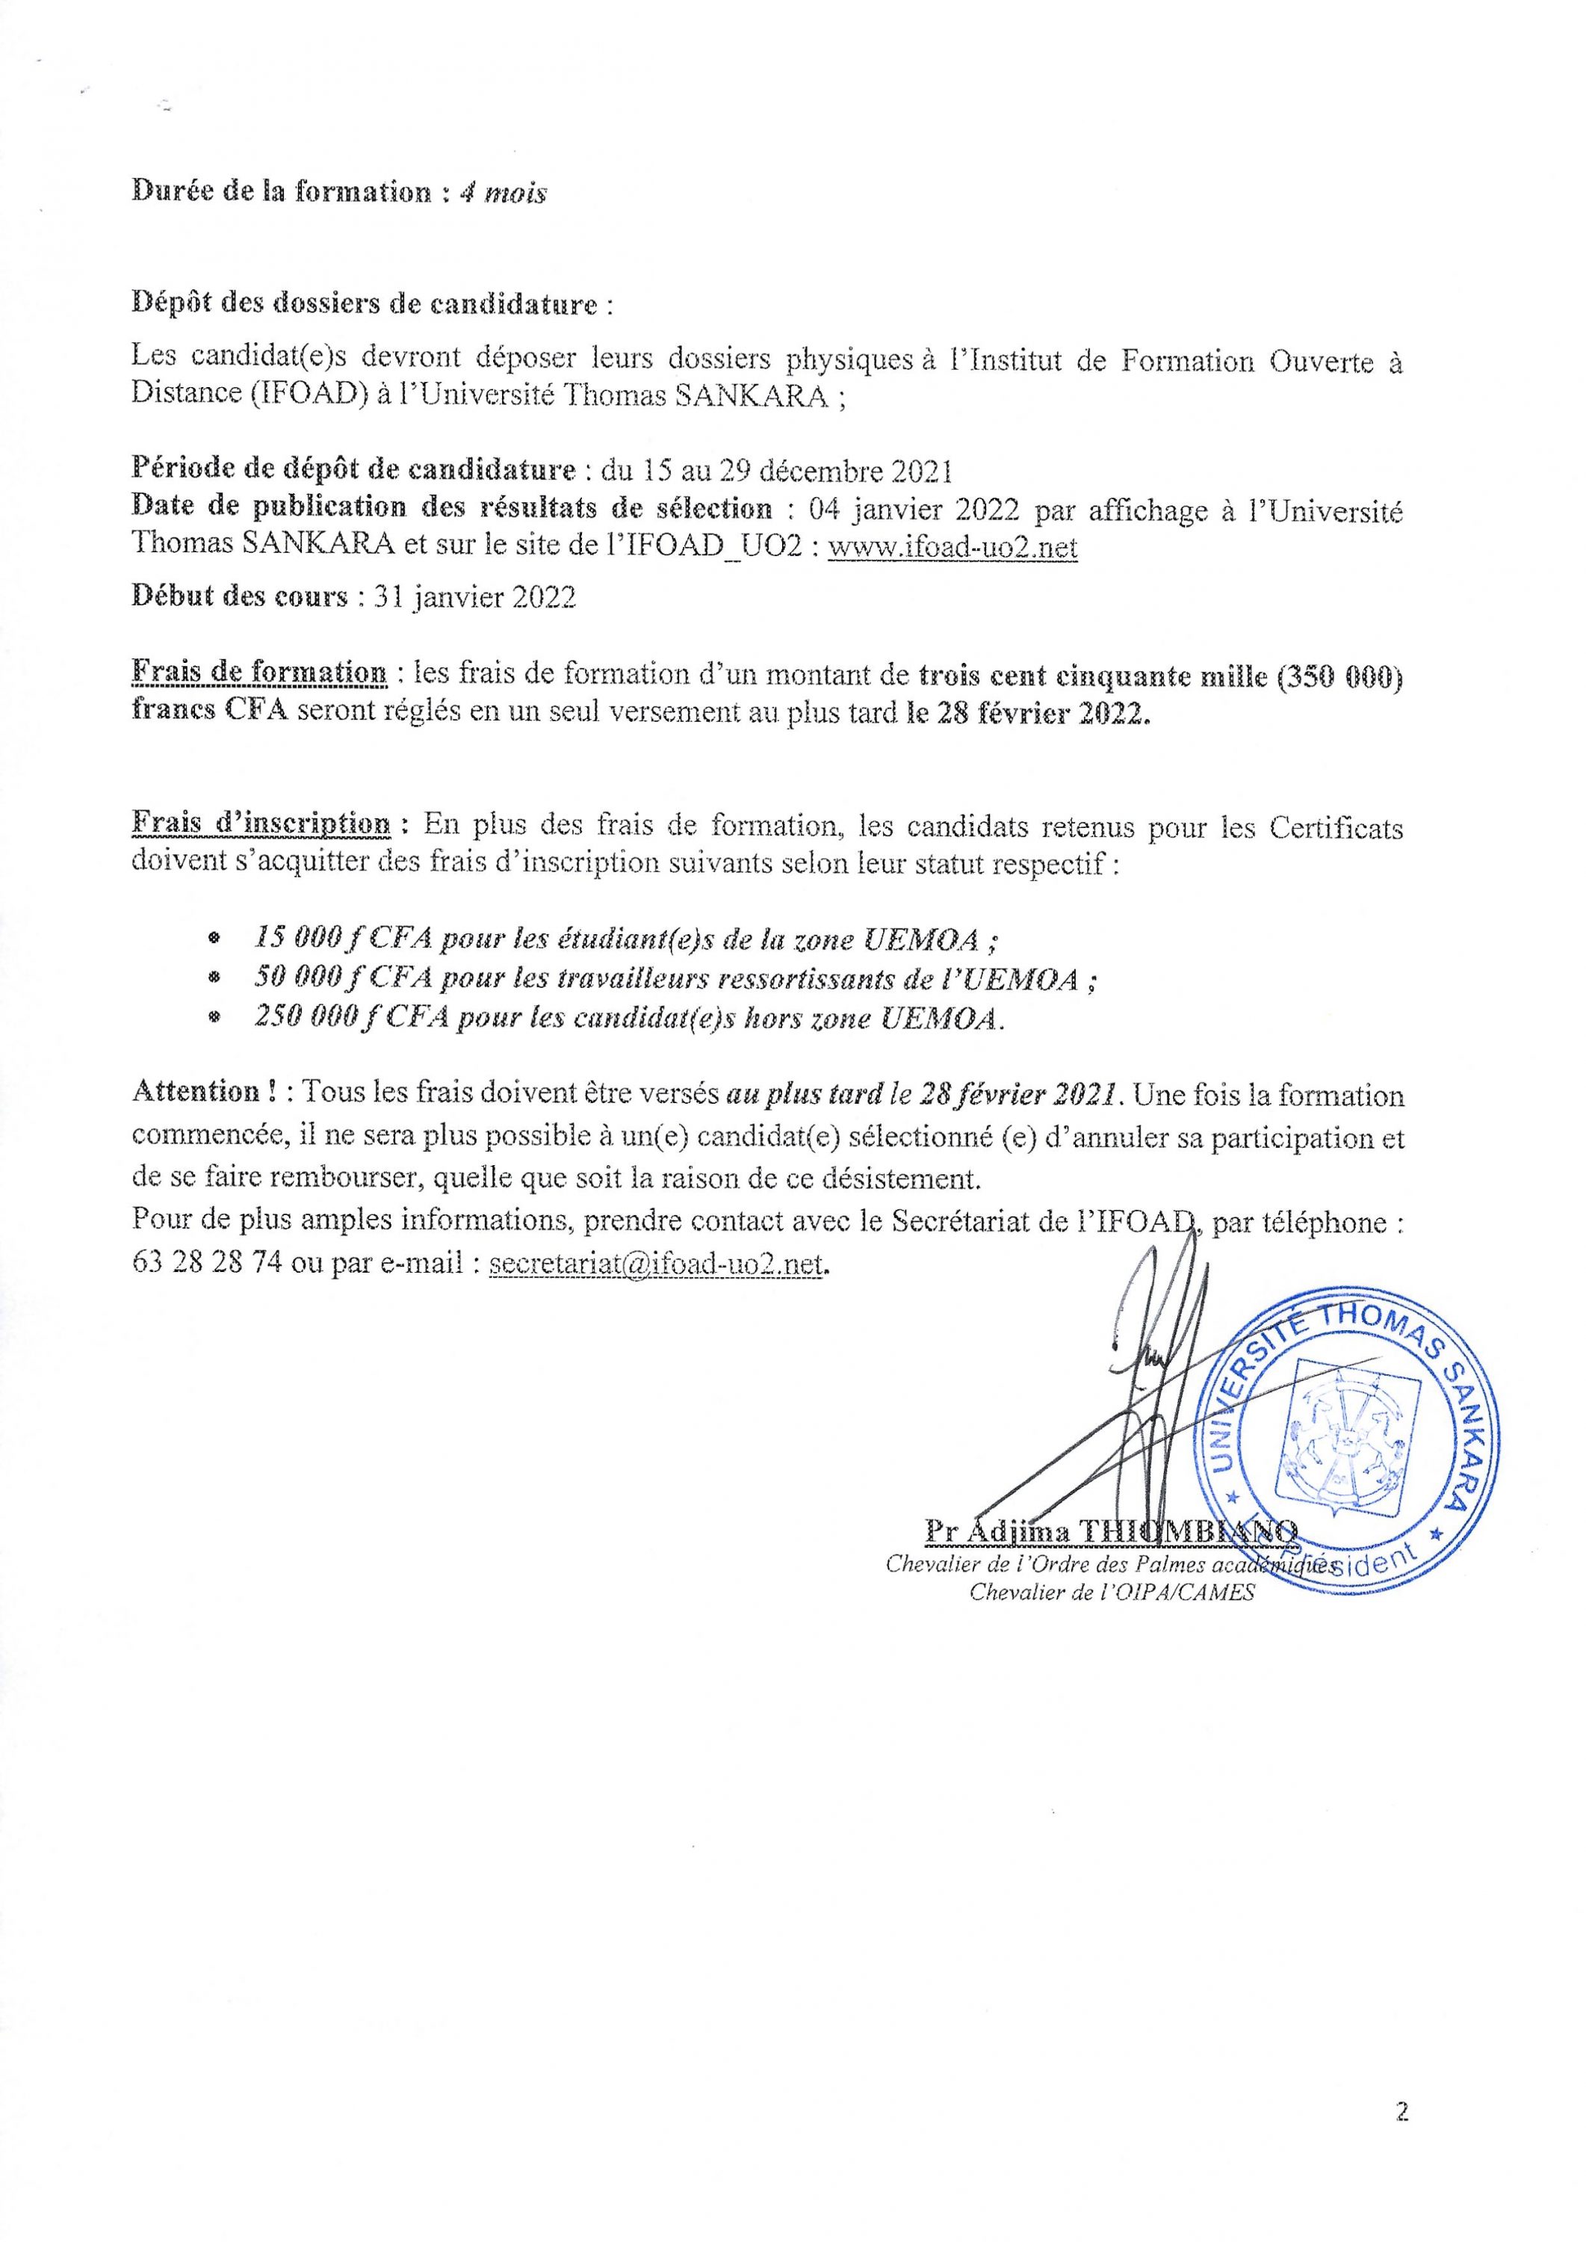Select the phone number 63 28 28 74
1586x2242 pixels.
[206, 1265]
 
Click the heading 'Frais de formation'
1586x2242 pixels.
[258, 675]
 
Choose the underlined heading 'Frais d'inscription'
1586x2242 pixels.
[261, 827]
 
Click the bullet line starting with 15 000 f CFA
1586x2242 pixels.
[625, 940]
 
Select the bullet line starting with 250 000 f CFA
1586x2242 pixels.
[629, 1019]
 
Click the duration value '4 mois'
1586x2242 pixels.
[504, 193]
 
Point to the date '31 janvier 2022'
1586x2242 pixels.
[471, 598]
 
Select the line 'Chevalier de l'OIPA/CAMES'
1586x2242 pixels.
[1110, 1593]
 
